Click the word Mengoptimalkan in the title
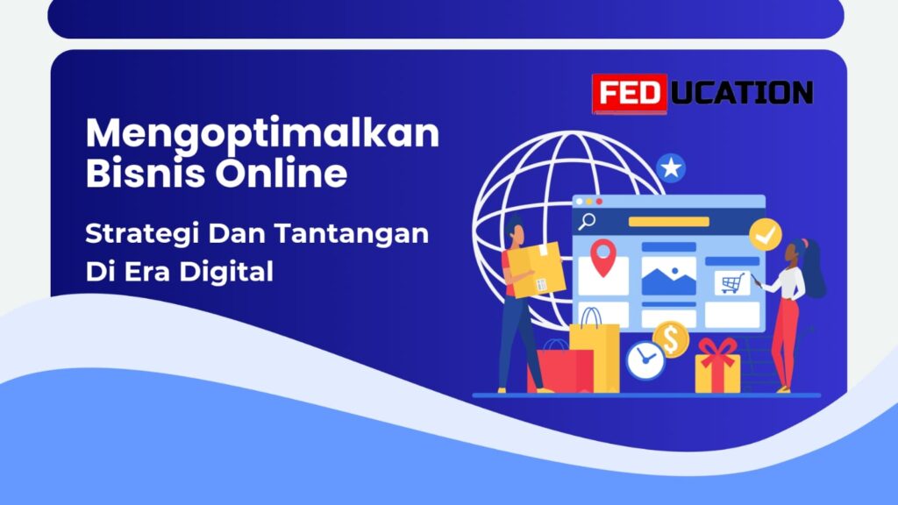click(263, 134)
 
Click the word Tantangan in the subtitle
click(351, 233)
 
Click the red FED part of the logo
click(630, 93)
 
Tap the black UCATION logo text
click(741, 93)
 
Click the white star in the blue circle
click(671, 167)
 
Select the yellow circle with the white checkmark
click(765, 234)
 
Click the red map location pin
click(603, 258)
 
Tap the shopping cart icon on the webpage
click(732, 283)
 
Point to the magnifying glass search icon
click(587, 221)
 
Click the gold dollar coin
click(671, 339)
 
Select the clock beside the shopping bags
click(645, 360)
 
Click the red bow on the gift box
click(717, 351)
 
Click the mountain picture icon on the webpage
click(668, 276)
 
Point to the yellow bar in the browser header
click(668, 222)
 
